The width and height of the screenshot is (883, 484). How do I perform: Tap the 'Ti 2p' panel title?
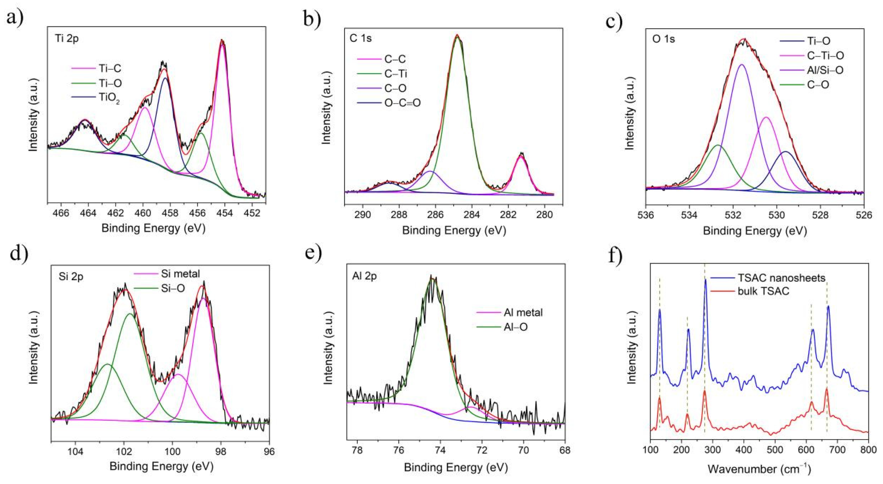pyautogui.click(x=67, y=38)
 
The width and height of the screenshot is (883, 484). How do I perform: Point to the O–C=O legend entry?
pyautogui.click(x=402, y=103)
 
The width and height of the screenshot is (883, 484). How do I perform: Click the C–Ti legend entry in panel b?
pyautogui.click(x=396, y=74)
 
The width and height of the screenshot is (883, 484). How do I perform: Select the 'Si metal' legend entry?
pyautogui.click(x=180, y=274)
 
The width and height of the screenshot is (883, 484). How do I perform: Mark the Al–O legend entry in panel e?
pyautogui.click(x=516, y=327)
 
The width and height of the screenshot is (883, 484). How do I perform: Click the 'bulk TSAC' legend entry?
pyautogui.click(x=763, y=291)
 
